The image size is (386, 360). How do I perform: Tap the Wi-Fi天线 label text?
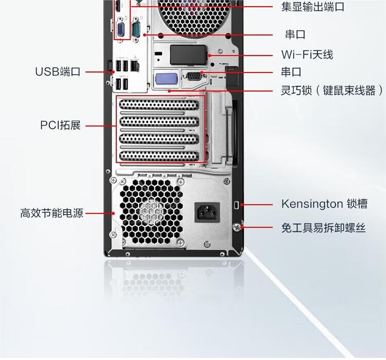pyautogui.click(x=307, y=55)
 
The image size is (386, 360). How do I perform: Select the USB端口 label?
pyautogui.click(x=58, y=71)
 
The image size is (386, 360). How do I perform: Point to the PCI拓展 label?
pyautogui.click(x=61, y=125)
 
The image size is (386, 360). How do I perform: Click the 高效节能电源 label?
pyautogui.click(x=51, y=212)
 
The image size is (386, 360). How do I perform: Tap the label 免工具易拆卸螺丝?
pyautogui.click(x=323, y=227)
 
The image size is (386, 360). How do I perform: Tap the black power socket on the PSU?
pyautogui.click(x=206, y=211)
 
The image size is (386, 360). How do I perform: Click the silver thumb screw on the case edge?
pyautogui.click(x=238, y=227)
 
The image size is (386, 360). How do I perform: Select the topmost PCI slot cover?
pyautogui.click(x=159, y=106)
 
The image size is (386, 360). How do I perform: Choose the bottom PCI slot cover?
pyautogui.click(x=159, y=156)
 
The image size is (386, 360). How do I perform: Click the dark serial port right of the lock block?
pyautogui.click(x=194, y=77)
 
